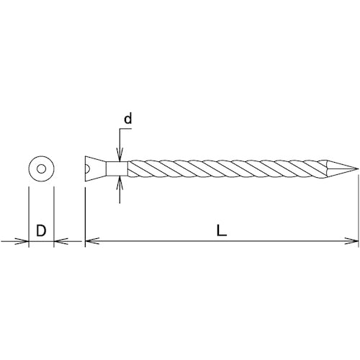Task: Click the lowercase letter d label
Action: [x=127, y=120]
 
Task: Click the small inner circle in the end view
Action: [x=41, y=170]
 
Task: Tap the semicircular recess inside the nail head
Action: [x=87, y=169]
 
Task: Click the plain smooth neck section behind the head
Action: [x=117, y=169]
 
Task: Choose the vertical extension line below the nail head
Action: [x=85, y=216]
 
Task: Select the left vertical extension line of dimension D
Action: [x=28, y=216]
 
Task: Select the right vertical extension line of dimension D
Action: [x=54, y=216]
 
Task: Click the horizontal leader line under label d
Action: [x=125, y=130]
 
